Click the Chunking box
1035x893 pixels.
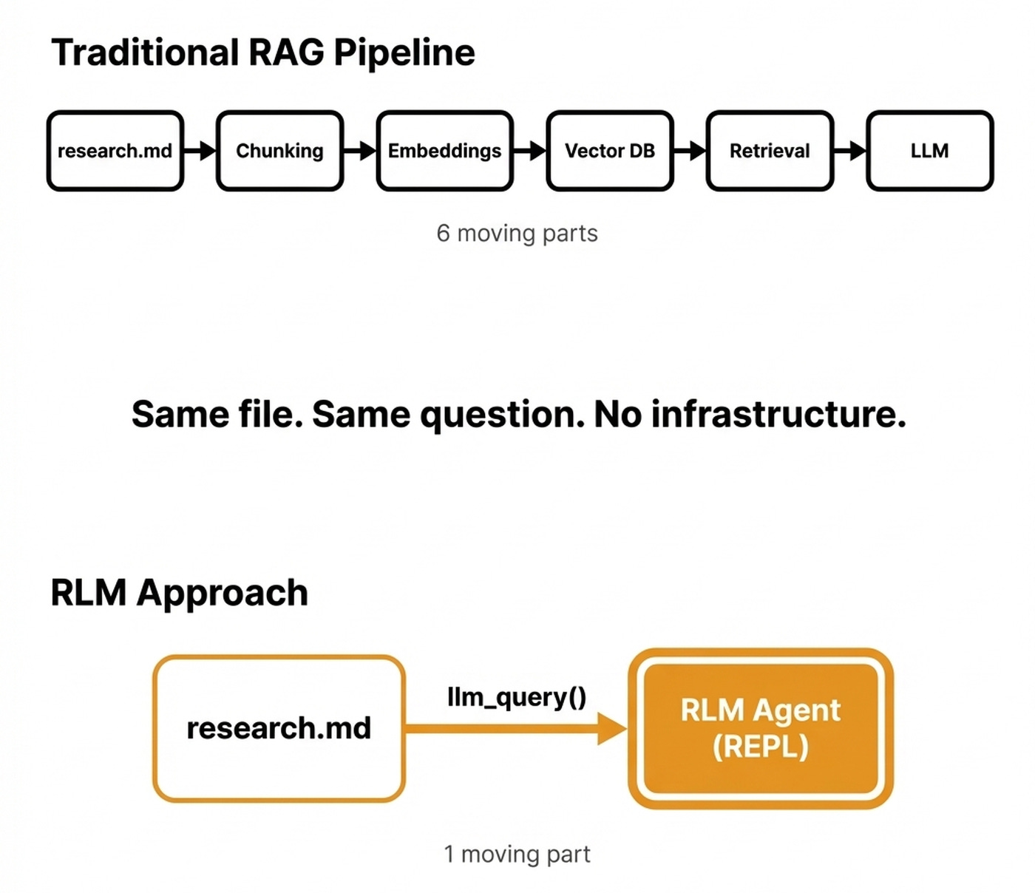pyautogui.click(x=279, y=151)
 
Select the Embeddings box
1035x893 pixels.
pyautogui.click(x=444, y=151)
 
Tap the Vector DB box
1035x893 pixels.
pyautogui.click(x=610, y=151)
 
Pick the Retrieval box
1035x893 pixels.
pyautogui.click(x=770, y=151)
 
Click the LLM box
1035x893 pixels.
pyautogui.click(x=929, y=151)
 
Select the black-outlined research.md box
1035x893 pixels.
pyautogui.click(x=115, y=151)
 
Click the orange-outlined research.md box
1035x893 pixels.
pyautogui.click(x=279, y=728)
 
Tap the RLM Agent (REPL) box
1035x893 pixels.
pyautogui.click(x=761, y=728)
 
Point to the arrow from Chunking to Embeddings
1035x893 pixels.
pyautogui.click(x=360, y=151)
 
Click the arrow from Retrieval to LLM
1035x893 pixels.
pyautogui.click(x=850, y=151)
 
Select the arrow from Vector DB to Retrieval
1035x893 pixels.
pyautogui.click(x=690, y=151)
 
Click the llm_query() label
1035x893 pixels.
pyautogui.click(x=517, y=697)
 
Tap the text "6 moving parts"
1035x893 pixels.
pyautogui.click(x=517, y=234)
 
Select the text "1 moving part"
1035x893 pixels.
pyautogui.click(x=517, y=855)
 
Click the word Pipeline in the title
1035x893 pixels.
pyautogui.click(x=404, y=53)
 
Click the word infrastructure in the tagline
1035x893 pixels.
pyautogui.click(x=778, y=414)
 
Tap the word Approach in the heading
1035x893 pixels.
pyautogui.click(x=222, y=594)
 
